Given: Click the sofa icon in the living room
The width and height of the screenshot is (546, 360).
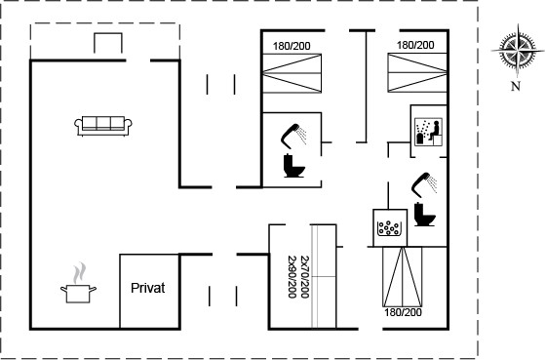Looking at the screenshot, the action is (103, 126).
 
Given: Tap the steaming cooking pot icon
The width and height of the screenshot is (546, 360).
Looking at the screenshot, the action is (78, 283).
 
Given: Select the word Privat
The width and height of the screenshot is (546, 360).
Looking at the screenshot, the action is (147, 288).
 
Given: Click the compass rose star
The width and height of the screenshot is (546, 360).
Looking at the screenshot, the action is (517, 50).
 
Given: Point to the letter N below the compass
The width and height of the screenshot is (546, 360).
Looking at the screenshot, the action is (516, 86).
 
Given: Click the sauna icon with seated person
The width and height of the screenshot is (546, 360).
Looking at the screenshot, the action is (429, 132).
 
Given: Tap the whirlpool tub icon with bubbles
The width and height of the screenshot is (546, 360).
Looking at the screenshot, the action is (388, 228).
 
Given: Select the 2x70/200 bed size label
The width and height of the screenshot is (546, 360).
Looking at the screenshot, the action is (304, 277).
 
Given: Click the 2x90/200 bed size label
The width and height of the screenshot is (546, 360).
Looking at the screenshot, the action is (292, 277).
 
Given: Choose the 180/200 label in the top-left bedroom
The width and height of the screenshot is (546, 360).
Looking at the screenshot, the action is (292, 46).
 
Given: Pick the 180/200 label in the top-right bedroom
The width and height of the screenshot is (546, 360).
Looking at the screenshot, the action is (415, 45).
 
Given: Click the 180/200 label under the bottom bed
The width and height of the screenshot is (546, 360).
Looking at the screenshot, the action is (403, 312).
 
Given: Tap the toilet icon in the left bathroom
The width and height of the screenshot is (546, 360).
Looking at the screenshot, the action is (293, 166).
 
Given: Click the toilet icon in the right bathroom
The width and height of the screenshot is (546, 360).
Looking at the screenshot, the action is (424, 214).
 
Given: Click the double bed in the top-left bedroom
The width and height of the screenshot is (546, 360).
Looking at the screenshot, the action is (292, 73).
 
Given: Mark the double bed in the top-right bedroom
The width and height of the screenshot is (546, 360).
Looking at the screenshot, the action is (417, 72).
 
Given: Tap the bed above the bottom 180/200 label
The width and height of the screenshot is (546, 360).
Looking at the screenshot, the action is (402, 277).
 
